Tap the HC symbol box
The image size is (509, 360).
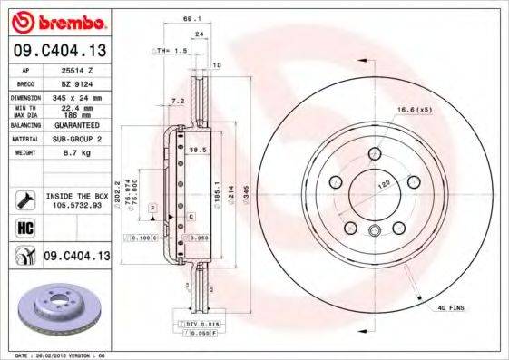[x=25, y=226]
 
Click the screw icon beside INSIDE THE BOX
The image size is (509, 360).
[x=25, y=199]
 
